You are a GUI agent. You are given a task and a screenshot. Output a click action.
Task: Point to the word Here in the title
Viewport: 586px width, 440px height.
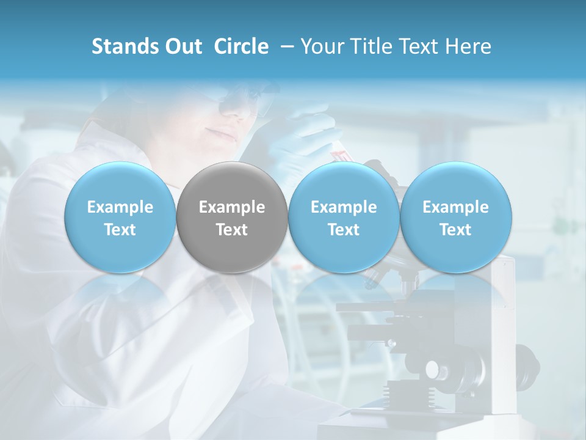[468, 46]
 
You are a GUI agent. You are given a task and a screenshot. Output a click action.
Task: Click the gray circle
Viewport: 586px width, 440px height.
[232, 217]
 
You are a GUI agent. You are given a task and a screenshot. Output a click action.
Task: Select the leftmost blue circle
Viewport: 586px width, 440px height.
[120, 217]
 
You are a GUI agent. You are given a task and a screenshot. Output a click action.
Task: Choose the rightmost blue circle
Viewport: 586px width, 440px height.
[455, 217]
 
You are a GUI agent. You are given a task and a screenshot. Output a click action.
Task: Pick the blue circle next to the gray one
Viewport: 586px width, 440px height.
[344, 217]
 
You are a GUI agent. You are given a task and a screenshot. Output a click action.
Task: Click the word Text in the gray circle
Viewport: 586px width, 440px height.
[232, 230]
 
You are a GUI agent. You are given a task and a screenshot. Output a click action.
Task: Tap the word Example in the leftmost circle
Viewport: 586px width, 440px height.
[120, 207]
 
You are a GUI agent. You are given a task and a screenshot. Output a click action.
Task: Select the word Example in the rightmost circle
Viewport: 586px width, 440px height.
[455, 207]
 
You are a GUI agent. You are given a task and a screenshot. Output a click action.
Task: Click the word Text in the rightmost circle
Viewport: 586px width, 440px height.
[455, 230]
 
